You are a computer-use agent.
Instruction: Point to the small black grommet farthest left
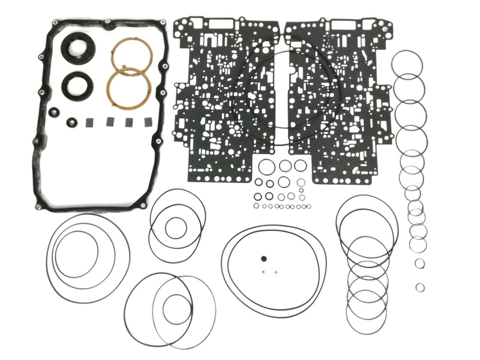55,112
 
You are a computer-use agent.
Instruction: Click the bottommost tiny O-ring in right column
421,287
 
